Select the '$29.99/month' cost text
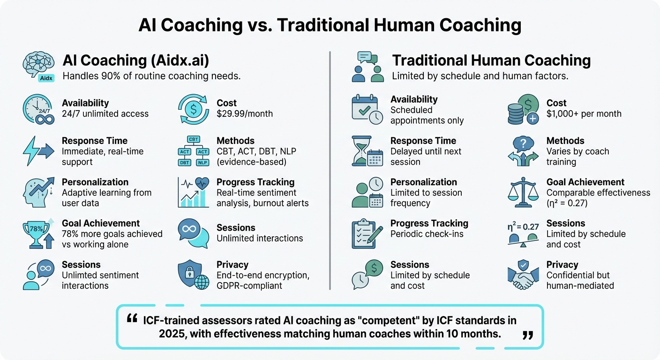coord(244,113)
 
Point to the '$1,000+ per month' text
coord(584,113)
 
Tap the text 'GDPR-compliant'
coord(249,285)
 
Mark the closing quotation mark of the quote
coord(527,335)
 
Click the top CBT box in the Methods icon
coord(193,139)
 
